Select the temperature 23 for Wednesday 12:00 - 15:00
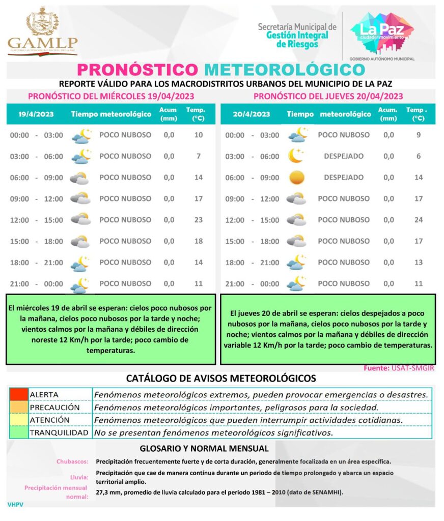(199, 220)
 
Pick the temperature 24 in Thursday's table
(419, 220)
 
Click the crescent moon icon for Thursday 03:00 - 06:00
(296, 156)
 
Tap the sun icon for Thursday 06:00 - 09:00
(296, 178)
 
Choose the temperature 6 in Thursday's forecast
(419, 156)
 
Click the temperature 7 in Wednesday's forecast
(199, 156)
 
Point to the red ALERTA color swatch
(18, 394)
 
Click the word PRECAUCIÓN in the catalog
(54, 408)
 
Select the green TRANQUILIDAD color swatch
(18, 433)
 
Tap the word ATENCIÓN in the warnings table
(49, 420)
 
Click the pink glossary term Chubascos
(72, 461)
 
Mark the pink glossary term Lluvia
(80, 477)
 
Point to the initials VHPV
(16, 505)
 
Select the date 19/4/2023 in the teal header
(36, 114)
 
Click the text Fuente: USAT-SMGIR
(399, 368)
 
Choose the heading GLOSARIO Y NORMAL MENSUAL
(204, 449)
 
